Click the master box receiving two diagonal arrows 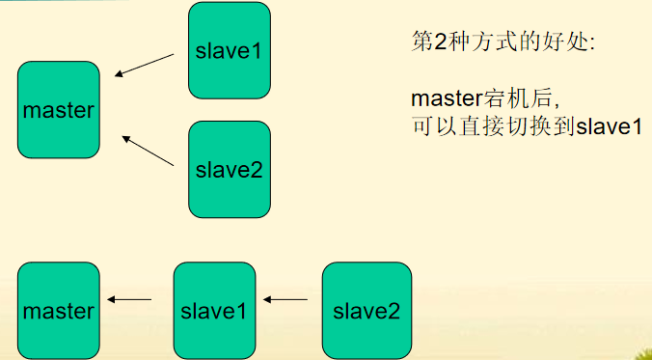tap(59, 109)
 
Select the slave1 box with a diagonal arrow tap(229, 50)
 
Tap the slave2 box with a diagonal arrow tap(229, 169)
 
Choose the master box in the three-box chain tap(59, 311)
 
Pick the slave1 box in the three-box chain tap(214, 311)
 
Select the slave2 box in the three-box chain tap(366, 311)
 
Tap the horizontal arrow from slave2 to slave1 tap(286, 300)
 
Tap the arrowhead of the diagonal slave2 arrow tap(125, 137)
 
